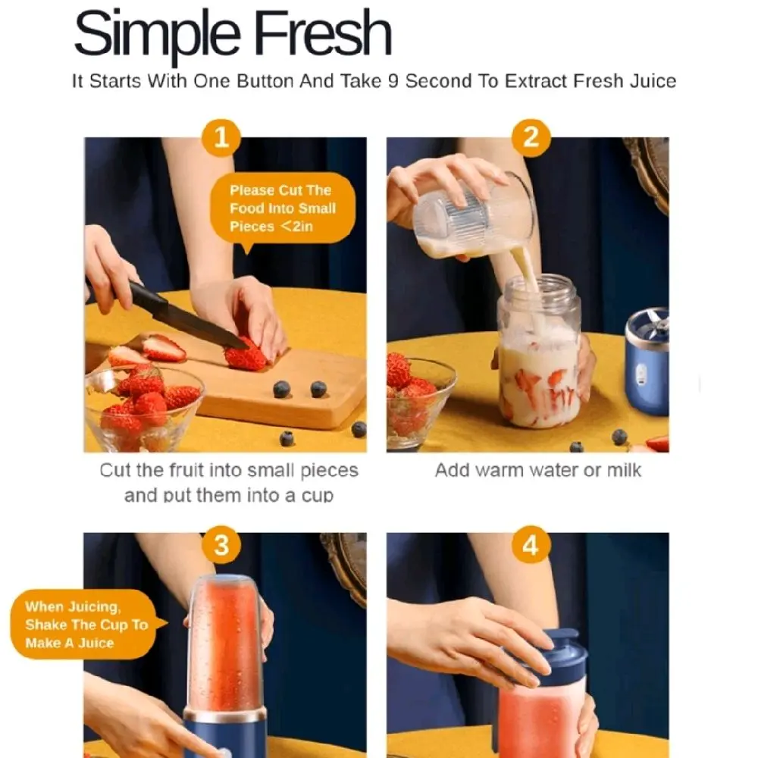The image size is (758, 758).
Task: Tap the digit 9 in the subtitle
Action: coord(393,81)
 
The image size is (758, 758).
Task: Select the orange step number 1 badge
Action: coord(221,137)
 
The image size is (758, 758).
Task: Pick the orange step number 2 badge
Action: coord(531,137)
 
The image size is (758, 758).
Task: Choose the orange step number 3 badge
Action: coord(221,545)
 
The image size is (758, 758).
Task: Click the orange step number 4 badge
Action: coord(531,545)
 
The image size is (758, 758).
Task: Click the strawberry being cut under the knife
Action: coord(246,356)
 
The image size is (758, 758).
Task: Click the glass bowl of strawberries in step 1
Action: coord(143,409)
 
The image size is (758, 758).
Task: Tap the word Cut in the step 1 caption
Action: coord(115,470)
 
